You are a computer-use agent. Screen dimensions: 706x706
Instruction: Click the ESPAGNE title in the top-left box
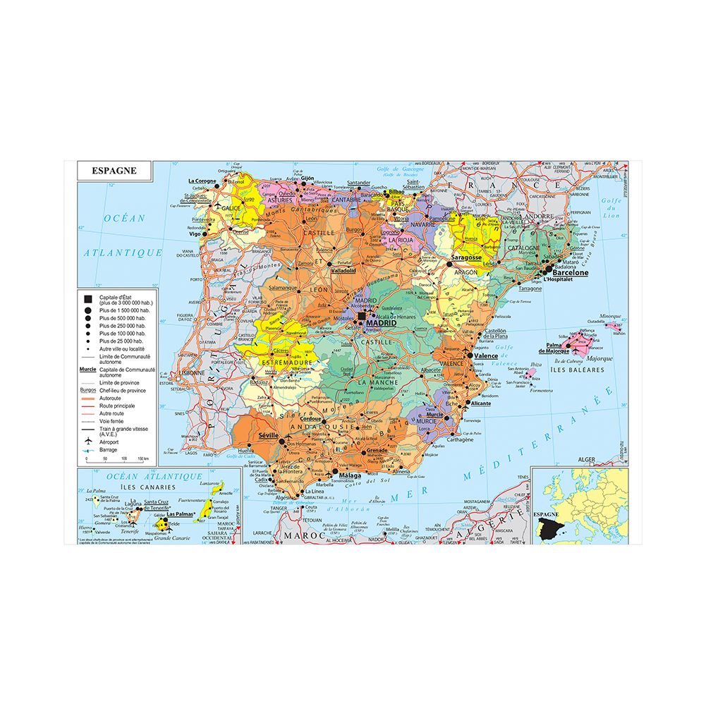click(x=114, y=171)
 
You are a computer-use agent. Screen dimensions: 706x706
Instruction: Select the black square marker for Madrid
click(x=362, y=317)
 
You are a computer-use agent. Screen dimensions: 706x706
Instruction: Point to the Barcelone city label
click(x=570, y=272)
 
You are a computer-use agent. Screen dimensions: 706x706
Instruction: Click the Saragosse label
click(x=465, y=258)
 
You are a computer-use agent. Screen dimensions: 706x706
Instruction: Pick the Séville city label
click(x=269, y=436)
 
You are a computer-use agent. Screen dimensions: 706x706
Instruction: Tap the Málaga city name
click(x=350, y=476)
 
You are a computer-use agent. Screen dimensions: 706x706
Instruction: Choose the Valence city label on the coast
click(x=486, y=356)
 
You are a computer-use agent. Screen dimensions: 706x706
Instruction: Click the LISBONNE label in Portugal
click(x=191, y=372)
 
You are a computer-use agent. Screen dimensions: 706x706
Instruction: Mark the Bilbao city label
click(x=395, y=191)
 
